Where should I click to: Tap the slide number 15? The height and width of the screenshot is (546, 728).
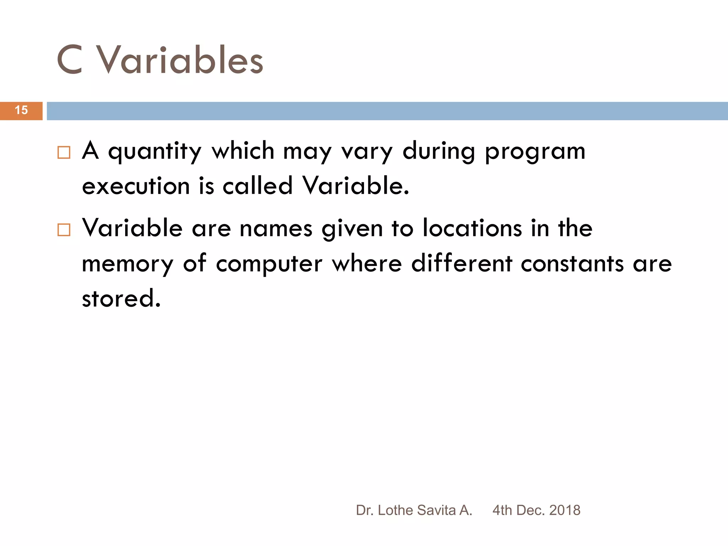[x=21, y=110]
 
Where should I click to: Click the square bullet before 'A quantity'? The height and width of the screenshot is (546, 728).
[x=64, y=152]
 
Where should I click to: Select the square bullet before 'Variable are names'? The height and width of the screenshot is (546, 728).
[x=64, y=230]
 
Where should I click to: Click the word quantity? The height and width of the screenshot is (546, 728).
[x=155, y=151]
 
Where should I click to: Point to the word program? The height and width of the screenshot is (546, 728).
[x=535, y=151]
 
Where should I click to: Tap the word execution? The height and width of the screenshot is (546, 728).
[x=136, y=186]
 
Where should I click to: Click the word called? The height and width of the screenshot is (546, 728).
[x=257, y=186]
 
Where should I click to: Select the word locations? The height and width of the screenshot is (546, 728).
[x=472, y=228]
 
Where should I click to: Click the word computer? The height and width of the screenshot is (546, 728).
[x=269, y=264]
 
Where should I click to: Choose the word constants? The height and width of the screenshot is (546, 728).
[x=572, y=264]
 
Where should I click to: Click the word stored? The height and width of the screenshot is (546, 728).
[x=121, y=298]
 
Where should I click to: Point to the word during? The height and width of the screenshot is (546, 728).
[x=439, y=151]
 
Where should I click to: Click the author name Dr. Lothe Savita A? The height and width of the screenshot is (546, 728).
[x=414, y=510]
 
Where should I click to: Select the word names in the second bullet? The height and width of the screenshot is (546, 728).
[x=276, y=229]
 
